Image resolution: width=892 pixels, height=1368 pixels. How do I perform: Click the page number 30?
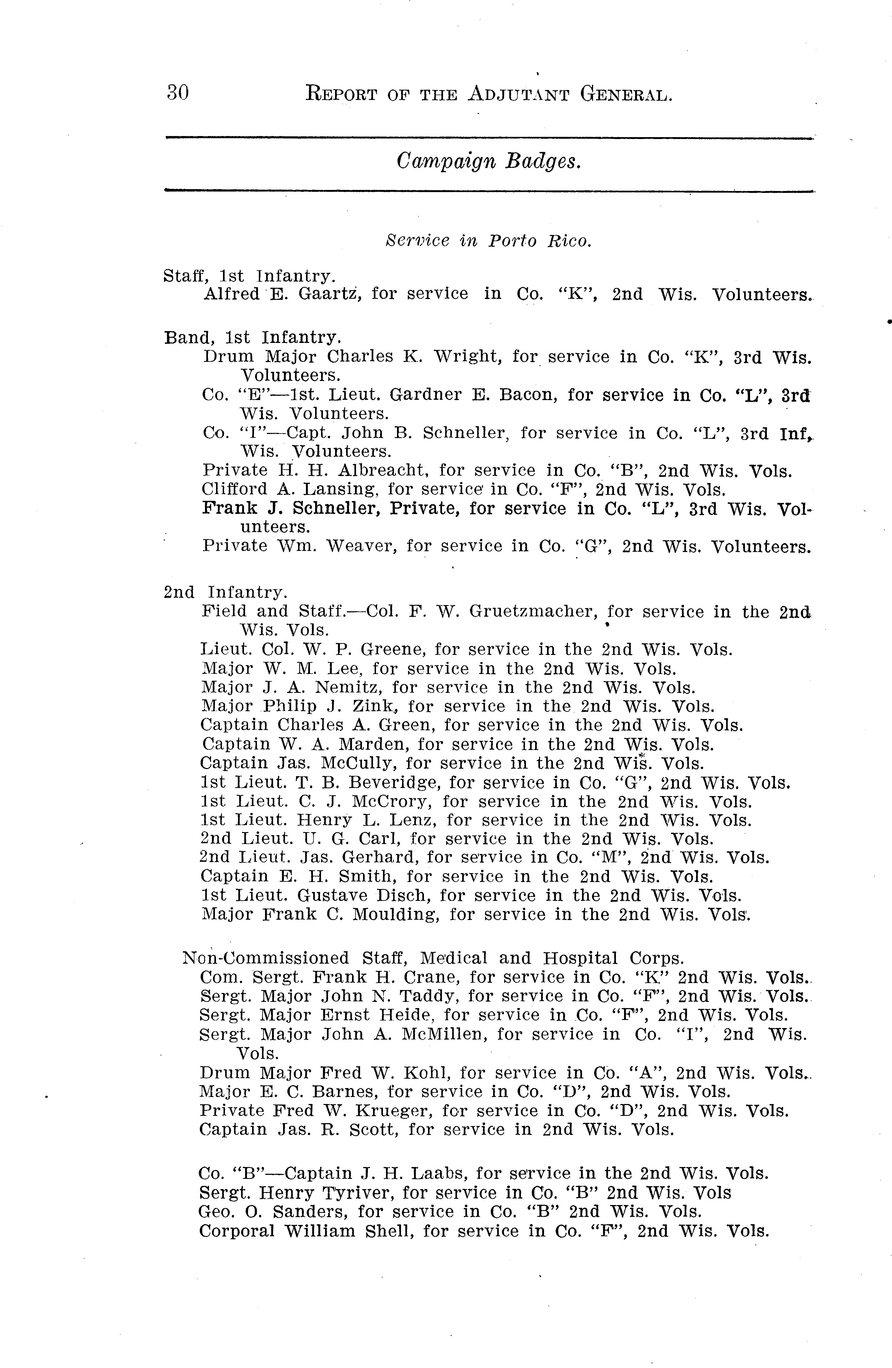pyautogui.click(x=177, y=93)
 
